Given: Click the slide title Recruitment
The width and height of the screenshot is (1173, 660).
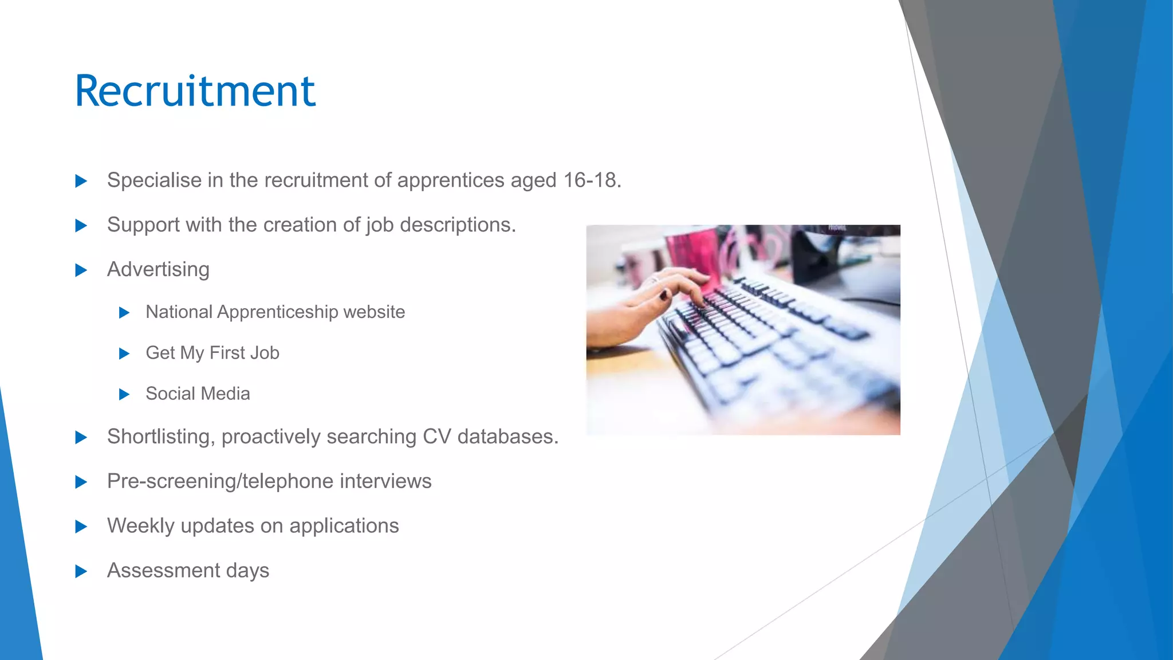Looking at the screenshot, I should pos(195,91).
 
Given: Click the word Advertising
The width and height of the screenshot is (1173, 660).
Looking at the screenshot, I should pos(158,269).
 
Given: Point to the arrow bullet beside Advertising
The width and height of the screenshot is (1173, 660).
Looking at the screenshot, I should pos(81,270).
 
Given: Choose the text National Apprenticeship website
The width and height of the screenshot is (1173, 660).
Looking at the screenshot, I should pos(275,312).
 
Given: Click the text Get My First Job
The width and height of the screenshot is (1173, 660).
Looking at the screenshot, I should pos(212,353).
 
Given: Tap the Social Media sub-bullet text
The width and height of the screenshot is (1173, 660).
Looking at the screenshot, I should pos(198,394).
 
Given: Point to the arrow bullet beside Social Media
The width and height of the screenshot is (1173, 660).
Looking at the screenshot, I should pos(124,394).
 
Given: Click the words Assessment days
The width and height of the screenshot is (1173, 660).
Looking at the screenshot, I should pos(188,571).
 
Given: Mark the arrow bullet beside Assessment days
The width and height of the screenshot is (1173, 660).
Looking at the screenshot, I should pos(81,571).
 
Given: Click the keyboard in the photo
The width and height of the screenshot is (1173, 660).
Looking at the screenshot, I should pos(773,344).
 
